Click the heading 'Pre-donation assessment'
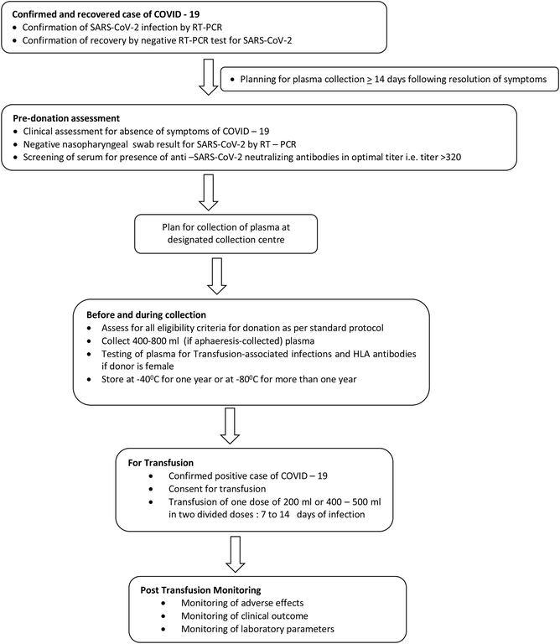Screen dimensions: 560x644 coord(66,118)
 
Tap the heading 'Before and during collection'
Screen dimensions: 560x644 coord(146,315)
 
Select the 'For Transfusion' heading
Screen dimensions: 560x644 coord(160,463)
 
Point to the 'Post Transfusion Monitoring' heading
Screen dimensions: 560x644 coord(200,590)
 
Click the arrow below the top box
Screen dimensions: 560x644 coord(209,77)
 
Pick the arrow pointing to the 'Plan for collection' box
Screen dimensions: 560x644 coord(209,193)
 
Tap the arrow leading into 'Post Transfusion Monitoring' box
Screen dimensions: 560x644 coord(236,554)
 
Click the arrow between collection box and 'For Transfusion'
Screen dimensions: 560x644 coord(230,426)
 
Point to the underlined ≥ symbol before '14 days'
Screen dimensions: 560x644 coord(370,80)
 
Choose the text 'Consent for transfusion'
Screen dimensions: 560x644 coord(217,489)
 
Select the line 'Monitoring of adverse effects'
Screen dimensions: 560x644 coord(242,603)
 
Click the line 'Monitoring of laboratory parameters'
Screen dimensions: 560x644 coord(258,629)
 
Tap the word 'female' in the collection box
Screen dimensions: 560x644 coord(160,366)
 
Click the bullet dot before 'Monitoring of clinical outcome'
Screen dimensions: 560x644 coord(163,616)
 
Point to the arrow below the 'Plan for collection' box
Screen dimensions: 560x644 coord(217,277)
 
